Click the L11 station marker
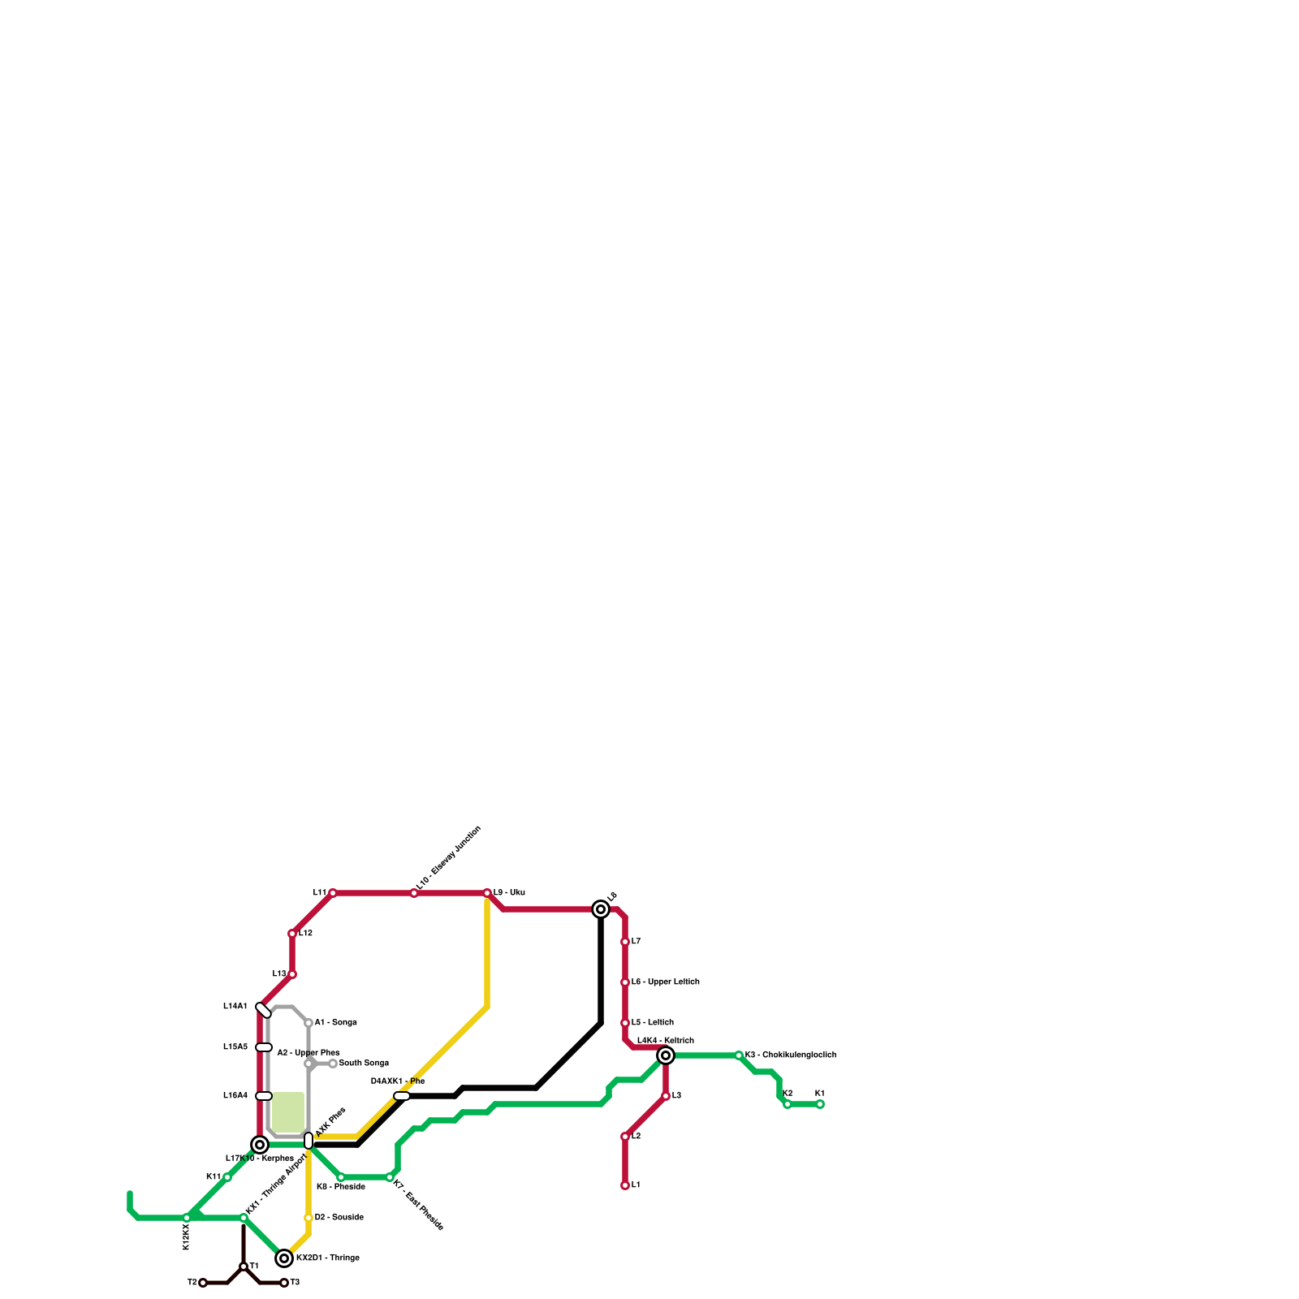click(333, 893)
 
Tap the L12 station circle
click(292, 934)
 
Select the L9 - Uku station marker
click(487, 893)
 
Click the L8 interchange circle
click(601, 909)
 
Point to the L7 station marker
click(625, 942)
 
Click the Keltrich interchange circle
click(666, 1055)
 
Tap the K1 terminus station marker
click(820, 1104)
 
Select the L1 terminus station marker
click(625, 1185)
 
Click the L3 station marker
click(666, 1096)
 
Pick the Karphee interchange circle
click(260, 1145)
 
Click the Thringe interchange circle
click(284, 1258)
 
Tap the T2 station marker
click(203, 1283)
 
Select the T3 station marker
click(284, 1283)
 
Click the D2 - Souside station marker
click(309, 1218)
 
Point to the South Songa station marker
click(333, 1064)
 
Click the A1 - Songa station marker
click(309, 1023)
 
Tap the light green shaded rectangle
click(288, 1112)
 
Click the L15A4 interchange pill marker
click(264, 1096)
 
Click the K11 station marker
click(227, 1177)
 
